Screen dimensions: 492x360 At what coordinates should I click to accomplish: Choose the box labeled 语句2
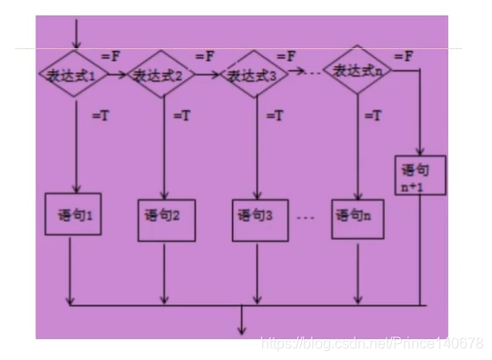tap(166, 217)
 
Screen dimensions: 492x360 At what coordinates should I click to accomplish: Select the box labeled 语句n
tap(355, 216)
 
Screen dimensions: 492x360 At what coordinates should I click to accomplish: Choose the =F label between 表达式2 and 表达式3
tap(204, 55)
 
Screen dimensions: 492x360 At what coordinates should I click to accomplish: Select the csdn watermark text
tap(372, 343)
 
